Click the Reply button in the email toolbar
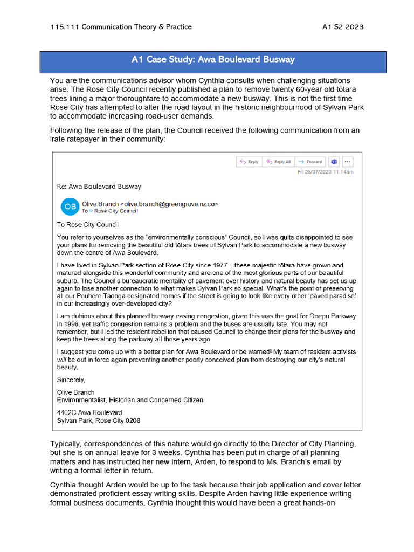249,162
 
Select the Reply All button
279,162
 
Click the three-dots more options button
347,162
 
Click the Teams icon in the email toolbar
334,162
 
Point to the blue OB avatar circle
70,206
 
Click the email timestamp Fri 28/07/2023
326,172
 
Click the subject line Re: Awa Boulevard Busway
99,187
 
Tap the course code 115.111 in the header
60,27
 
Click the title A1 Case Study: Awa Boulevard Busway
213,59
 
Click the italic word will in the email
61,360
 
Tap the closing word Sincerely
71,379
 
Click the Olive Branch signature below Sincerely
75,392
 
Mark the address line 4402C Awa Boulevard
89,412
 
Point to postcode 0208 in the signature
133,420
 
